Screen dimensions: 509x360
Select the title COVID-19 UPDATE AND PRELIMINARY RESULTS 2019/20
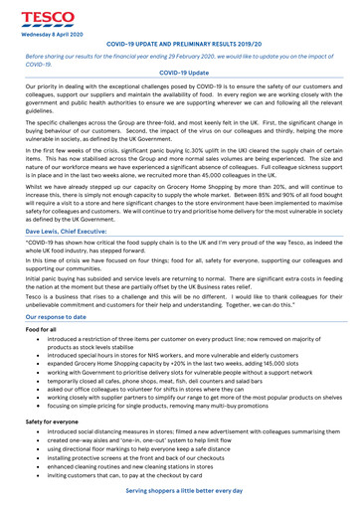[179, 45]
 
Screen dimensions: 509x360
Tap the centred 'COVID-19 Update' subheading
[179, 74]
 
